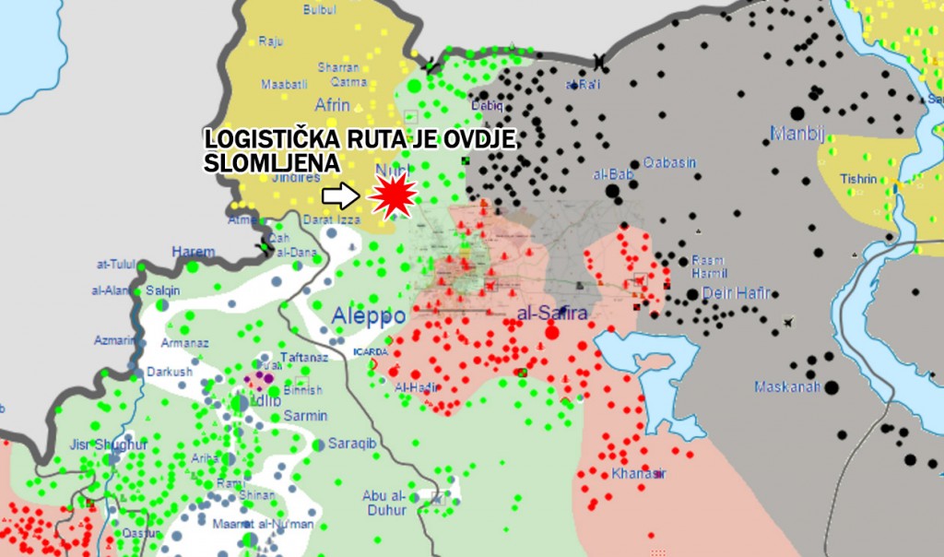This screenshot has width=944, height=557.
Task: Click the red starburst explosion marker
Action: pyautogui.click(x=393, y=196)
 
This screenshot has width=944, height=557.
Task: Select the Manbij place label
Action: pyautogui.click(x=796, y=134)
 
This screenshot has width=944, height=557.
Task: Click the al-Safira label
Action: pyautogui.click(x=552, y=314)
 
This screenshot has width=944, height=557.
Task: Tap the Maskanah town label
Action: pyautogui.click(x=786, y=386)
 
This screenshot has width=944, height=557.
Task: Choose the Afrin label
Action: pyautogui.click(x=333, y=104)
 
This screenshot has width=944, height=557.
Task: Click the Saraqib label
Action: pyautogui.click(x=355, y=443)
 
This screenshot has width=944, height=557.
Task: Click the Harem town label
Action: pyautogui.click(x=193, y=251)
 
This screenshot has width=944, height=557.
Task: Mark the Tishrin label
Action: pyautogui.click(x=857, y=178)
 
